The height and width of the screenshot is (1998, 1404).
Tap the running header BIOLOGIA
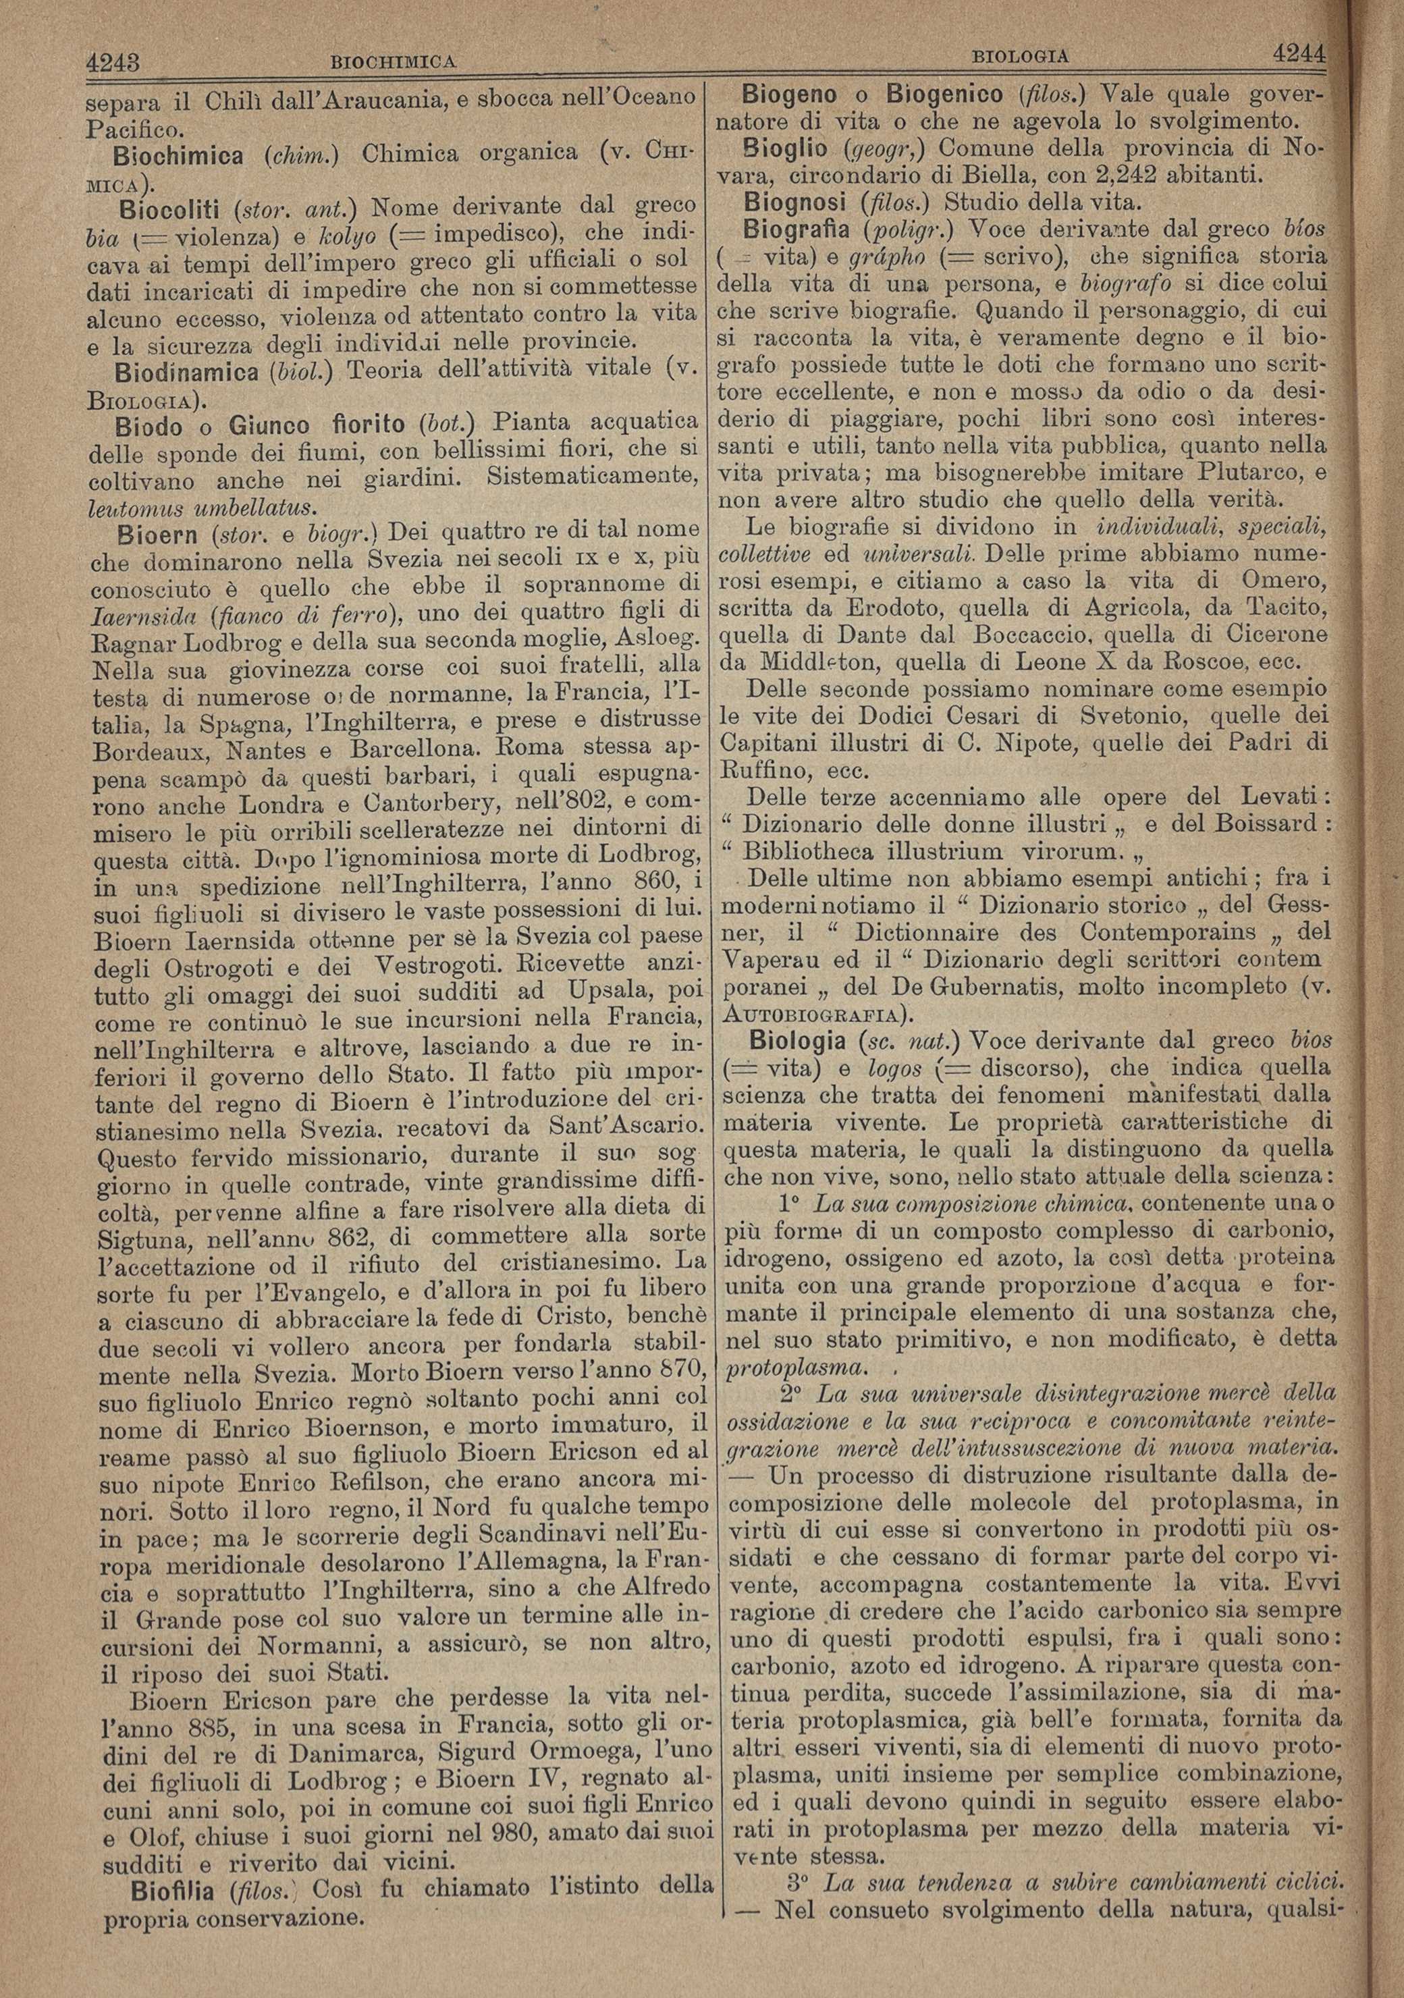(x=1019, y=57)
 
